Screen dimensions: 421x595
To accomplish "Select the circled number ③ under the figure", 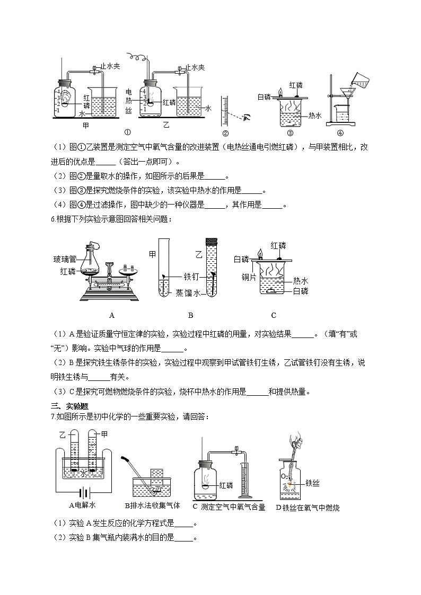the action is [290, 133].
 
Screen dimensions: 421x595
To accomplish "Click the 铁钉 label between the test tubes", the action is [191, 276].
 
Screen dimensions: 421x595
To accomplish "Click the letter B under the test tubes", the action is [190, 315].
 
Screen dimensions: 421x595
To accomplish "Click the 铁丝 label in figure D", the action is [312, 483].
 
